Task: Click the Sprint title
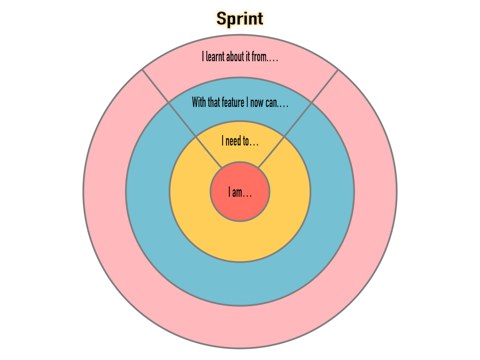pyautogui.click(x=240, y=19)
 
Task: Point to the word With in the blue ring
pyautogui.click(x=199, y=102)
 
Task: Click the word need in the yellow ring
pyautogui.click(x=233, y=141)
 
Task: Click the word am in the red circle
pyautogui.click(x=237, y=193)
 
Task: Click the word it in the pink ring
pyautogui.click(x=247, y=56)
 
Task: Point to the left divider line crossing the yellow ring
pyautogui.click(x=208, y=152)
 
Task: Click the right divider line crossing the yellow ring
pyautogui.click(x=271, y=152)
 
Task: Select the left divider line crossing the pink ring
pyautogui.click(x=155, y=85)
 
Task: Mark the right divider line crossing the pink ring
pyautogui.click(x=325, y=86)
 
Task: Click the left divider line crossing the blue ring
pyautogui.click(x=182, y=119)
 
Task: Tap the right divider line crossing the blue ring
pyautogui.click(x=298, y=120)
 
